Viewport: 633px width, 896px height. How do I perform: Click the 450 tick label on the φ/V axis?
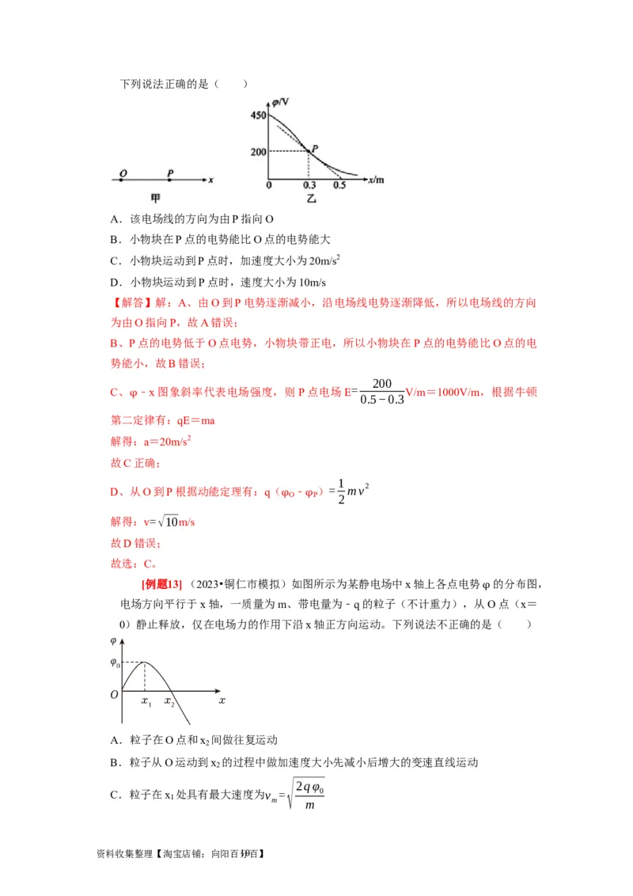257,116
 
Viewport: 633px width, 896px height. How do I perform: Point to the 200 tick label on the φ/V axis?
257,150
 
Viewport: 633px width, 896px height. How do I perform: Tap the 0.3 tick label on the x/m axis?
308,184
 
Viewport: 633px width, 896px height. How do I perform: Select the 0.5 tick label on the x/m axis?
339,184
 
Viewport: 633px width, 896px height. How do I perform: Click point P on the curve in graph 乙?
309,150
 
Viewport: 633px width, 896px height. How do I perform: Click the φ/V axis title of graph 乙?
280,101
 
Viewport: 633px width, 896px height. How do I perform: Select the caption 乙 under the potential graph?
312,198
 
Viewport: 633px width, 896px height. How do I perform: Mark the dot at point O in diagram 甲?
121,180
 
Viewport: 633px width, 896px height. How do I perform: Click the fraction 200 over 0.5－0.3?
381,391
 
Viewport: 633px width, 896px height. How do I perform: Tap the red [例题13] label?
161,584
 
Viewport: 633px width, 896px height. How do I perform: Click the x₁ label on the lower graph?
146,701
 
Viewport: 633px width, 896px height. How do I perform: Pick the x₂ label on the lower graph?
169,701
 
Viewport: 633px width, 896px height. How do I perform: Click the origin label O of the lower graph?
114,694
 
